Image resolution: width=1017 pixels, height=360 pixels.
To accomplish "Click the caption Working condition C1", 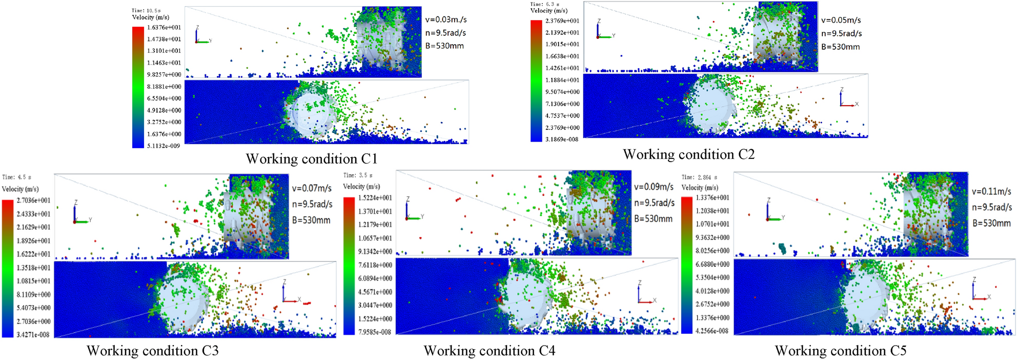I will coord(311,158).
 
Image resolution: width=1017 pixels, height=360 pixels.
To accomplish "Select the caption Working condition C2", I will coord(688,154).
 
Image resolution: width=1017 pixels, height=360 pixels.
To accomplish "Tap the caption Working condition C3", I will coord(152,351).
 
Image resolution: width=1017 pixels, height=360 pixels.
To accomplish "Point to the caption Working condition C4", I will coord(489,351).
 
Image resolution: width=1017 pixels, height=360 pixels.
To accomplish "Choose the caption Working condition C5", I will coord(840,351).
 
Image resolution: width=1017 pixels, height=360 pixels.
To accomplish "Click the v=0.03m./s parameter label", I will coord(446,20).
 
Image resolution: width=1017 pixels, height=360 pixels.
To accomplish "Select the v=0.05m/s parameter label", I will coord(841,21).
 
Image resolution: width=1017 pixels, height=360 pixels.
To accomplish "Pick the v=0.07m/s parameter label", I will coord(312,188).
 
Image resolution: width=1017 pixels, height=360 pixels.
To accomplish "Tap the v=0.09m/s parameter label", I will coord(654,187).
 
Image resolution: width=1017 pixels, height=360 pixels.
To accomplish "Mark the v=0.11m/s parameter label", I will coord(991,191).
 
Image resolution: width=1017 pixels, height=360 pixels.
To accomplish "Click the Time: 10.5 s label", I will coord(146,10).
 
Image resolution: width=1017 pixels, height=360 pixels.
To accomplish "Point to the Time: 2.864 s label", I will coord(699,177).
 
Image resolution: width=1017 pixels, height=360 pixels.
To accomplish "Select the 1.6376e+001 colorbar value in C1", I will coord(164,28).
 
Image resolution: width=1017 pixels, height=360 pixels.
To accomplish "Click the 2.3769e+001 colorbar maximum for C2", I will coord(562,21).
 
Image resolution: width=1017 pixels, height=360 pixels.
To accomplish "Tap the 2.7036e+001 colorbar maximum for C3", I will coord(34,201).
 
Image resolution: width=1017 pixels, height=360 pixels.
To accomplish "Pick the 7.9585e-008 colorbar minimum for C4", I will coord(375,332).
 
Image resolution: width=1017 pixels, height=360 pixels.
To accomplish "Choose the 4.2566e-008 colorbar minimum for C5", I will coord(712,331).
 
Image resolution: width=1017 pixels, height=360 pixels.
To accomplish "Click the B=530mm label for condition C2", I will coord(840,47).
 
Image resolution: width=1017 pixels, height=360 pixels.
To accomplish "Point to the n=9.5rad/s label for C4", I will coord(654,203).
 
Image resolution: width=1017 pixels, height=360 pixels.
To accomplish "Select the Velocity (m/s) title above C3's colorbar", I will coord(21,189).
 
